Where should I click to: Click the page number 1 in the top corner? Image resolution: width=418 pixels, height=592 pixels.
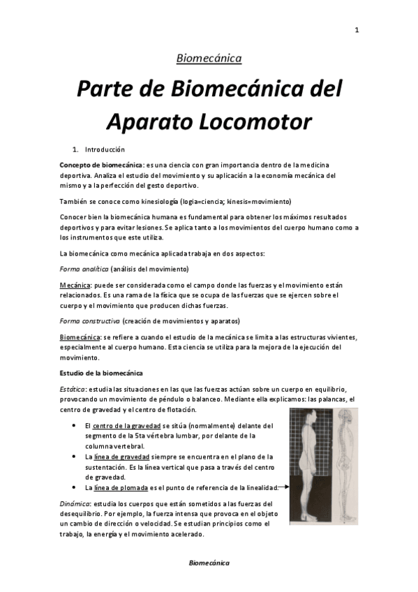click(x=357, y=30)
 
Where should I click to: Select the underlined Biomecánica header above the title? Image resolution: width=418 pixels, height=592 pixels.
click(x=209, y=59)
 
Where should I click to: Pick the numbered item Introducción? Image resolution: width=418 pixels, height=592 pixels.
click(x=105, y=149)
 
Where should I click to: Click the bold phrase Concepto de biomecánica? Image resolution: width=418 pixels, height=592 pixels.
click(x=97, y=163)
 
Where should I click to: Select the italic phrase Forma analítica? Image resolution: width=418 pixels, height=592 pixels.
click(x=84, y=269)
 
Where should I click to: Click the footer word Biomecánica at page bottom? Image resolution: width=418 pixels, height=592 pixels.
click(x=209, y=563)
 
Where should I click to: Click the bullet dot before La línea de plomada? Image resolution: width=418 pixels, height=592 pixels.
click(x=75, y=487)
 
